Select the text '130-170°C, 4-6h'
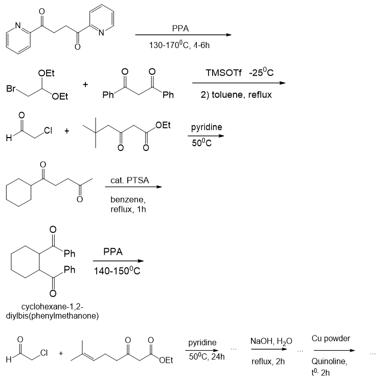tap(179, 45)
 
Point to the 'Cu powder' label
tap(331, 339)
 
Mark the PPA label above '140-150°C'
tap(113, 252)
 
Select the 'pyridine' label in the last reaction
tap(203, 342)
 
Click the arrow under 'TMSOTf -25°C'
tap(238, 83)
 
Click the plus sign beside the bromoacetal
tap(85, 83)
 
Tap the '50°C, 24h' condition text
tap(207, 356)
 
